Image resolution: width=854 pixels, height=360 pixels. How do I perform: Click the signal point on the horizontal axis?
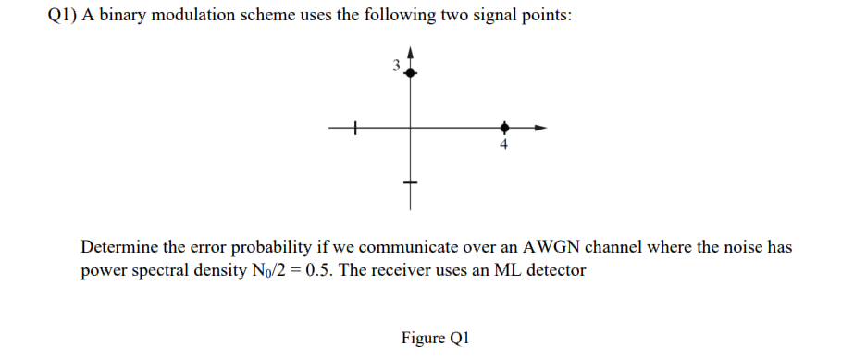click(503, 127)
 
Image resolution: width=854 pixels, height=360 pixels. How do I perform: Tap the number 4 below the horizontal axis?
click(503, 144)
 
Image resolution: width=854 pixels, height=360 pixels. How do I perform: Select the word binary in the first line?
click(129, 22)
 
